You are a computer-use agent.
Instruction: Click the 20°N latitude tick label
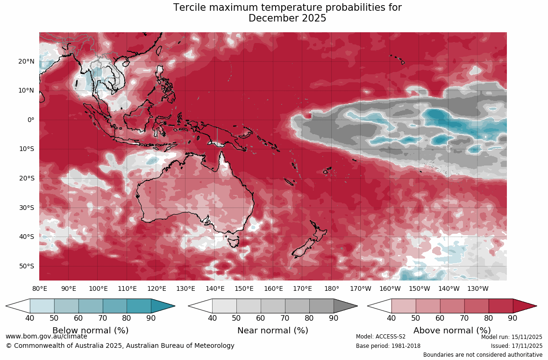tap(26, 61)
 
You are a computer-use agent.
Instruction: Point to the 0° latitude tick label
tap(30, 120)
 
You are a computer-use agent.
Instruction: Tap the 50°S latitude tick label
tap(26, 266)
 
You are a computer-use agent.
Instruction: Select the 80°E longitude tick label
tap(40, 288)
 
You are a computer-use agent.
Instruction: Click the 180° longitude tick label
tap(332, 288)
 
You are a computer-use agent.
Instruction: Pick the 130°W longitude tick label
tap(478, 288)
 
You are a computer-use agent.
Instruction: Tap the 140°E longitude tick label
tap(215, 288)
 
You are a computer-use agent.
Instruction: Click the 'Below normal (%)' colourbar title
tap(90, 331)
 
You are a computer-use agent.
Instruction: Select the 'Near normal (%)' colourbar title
tap(273, 331)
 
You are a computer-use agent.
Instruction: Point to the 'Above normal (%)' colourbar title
tap(452, 331)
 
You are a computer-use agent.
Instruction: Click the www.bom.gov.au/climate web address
tap(46, 336)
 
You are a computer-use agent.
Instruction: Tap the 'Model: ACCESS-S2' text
tap(381, 337)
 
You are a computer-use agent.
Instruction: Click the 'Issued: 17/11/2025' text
tap(516, 346)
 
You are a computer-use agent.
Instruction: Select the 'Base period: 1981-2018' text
tap(388, 346)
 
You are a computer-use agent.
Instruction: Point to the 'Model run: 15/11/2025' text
tap(512, 337)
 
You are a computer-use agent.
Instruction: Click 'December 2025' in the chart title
tap(287, 19)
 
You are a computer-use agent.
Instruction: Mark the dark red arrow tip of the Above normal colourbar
tap(524, 306)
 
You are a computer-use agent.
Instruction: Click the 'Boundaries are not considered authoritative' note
tap(483, 355)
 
